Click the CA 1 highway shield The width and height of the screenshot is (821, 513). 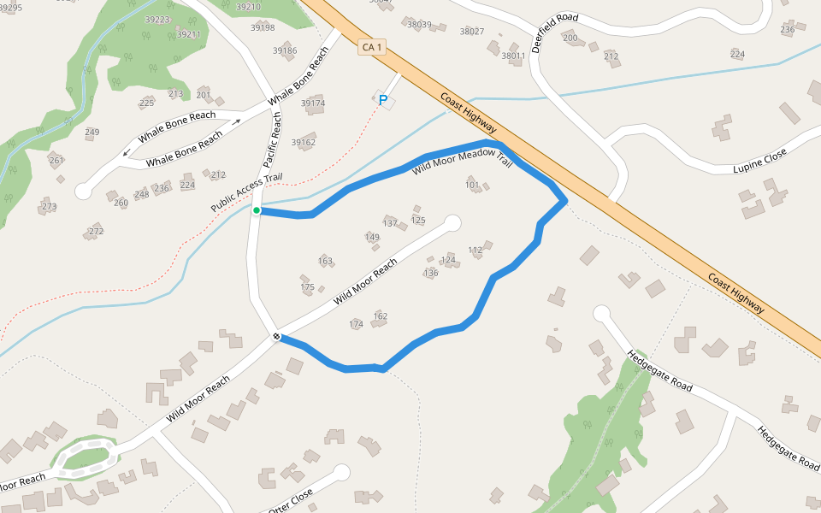(x=371, y=47)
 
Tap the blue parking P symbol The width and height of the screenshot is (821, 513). (x=383, y=101)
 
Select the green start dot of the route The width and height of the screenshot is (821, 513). (x=257, y=209)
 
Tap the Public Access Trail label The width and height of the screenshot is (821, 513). (x=246, y=194)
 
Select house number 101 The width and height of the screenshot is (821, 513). (x=472, y=185)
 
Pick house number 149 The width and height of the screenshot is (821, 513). (x=372, y=237)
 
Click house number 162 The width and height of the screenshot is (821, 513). (x=381, y=316)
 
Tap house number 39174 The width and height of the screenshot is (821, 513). (x=312, y=103)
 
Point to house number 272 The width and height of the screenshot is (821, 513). (x=96, y=232)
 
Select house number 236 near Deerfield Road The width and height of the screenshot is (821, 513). (x=788, y=30)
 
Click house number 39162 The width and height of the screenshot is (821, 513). (x=304, y=143)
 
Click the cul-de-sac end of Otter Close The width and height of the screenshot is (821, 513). (x=342, y=472)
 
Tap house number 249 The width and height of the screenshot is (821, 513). (x=92, y=132)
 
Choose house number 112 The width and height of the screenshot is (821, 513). (x=475, y=250)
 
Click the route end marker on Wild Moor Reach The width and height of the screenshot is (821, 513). (x=277, y=337)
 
